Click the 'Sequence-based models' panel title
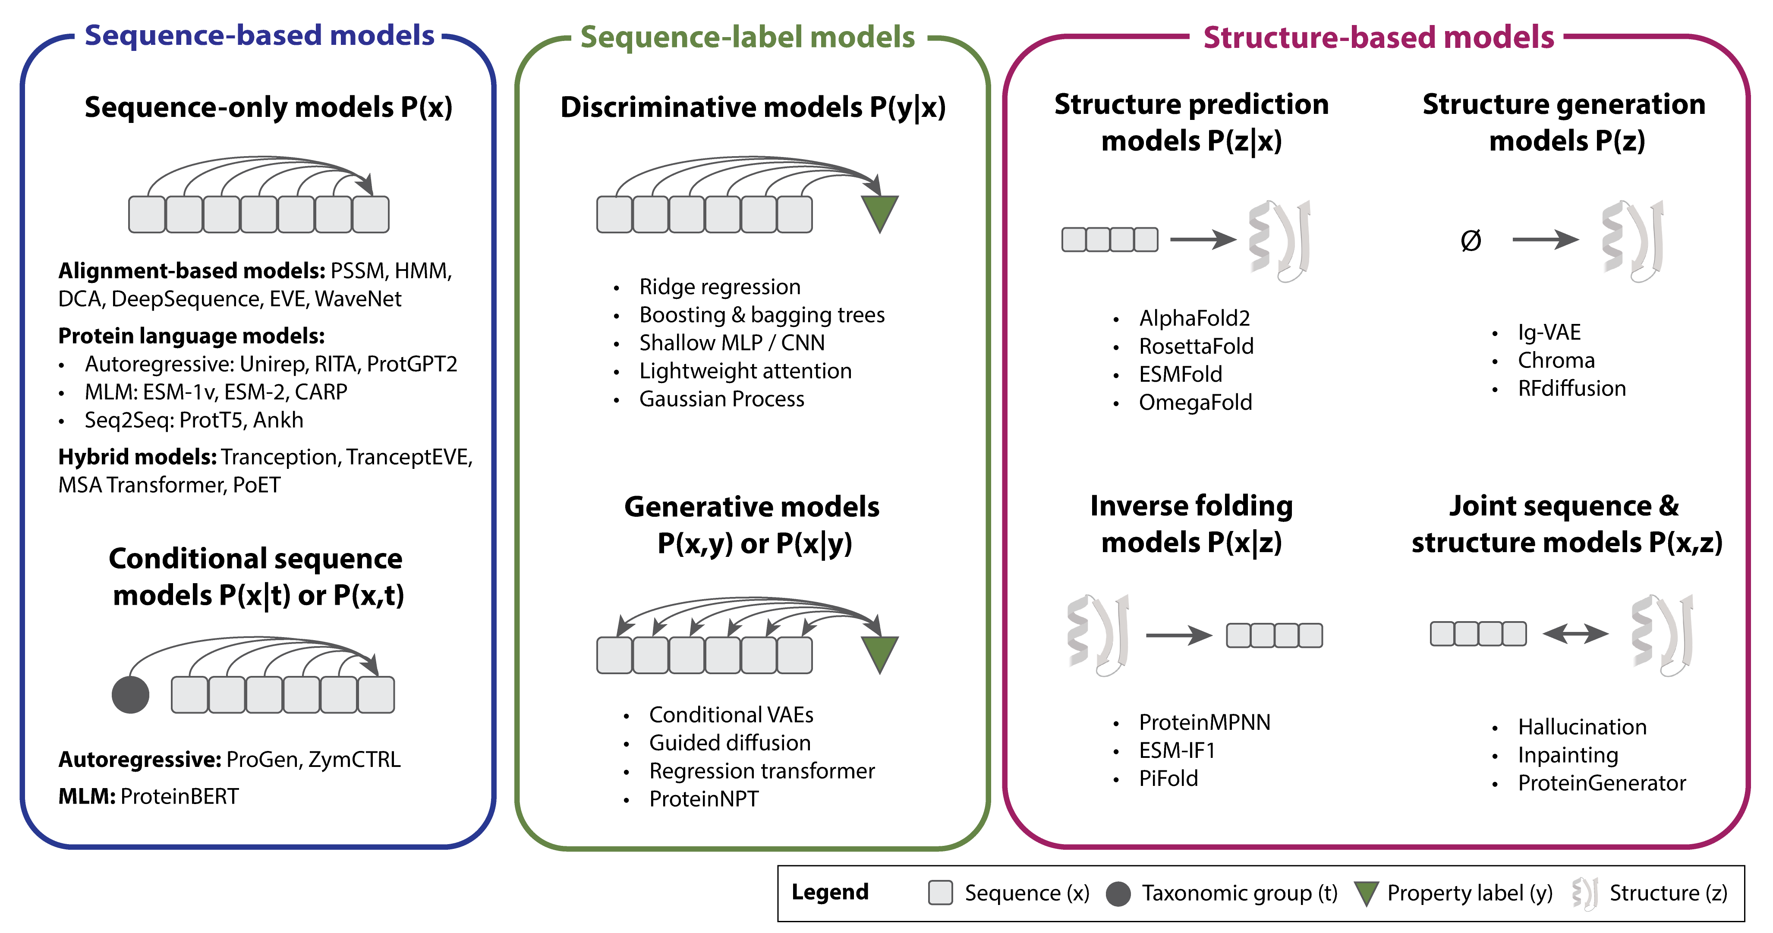click(x=259, y=36)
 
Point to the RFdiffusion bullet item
click(x=1571, y=389)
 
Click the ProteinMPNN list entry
click(x=1204, y=723)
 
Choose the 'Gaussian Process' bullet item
click(x=721, y=399)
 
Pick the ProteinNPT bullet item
click(x=703, y=799)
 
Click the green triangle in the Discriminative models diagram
click(x=880, y=212)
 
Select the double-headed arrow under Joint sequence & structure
click(x=1575, y=633)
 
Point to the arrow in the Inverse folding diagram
click(x=1178, y=635)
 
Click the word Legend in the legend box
click(x=830, y=892)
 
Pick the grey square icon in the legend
click(x=940, y=892)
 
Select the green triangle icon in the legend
click(x=1366, y=893)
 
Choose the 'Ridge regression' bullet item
click(x=719, y=287)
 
